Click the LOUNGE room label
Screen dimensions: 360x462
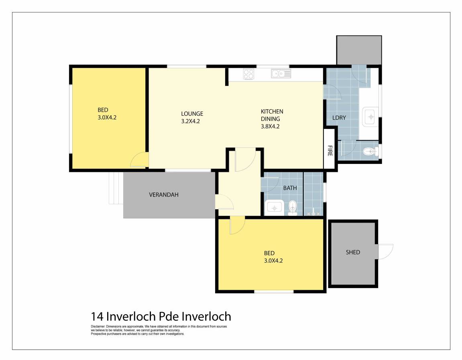click(192, 114)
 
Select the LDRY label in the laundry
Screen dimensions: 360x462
click(339, 118)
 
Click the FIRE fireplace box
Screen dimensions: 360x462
click(330, 149)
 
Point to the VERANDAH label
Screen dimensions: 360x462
click(163, 194)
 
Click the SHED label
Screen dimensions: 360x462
click(353, 252)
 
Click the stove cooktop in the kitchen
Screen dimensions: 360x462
click(248, 74)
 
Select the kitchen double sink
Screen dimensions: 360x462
click(281, 74)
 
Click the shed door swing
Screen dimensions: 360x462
click(385, 251)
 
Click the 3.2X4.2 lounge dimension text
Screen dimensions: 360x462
click(190, 121)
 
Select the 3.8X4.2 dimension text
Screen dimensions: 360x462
click(270, 126)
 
